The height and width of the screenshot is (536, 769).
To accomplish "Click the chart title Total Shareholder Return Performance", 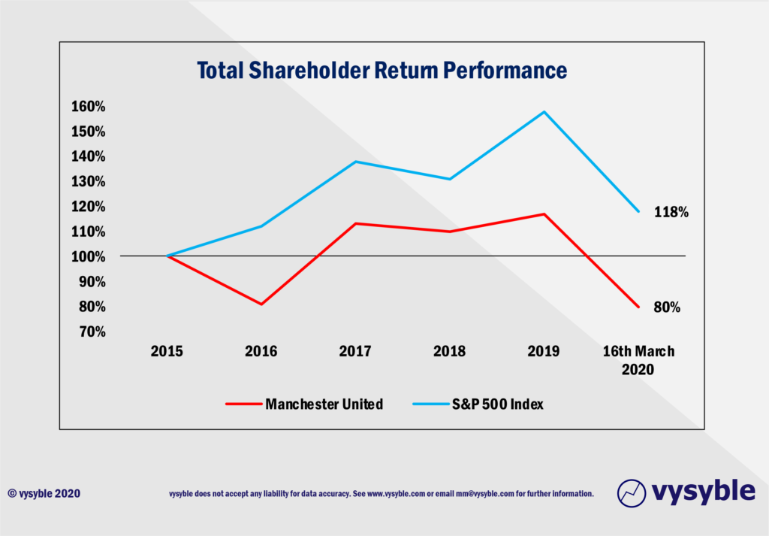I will coord(381,71).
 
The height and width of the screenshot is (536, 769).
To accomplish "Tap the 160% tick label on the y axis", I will coord(89,107).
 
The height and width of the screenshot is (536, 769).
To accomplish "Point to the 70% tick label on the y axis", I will coord(92,332).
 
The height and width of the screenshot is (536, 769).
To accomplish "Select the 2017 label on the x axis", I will coord(354,351).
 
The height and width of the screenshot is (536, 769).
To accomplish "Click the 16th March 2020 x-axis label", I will coord(638,359).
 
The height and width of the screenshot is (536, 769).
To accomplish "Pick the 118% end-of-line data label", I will coord(671,212).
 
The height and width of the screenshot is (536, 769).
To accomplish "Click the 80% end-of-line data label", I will coord(666,307).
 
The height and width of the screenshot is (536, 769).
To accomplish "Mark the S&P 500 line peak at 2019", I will coord(544,112).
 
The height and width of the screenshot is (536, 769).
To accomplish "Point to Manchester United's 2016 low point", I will coord(261,304).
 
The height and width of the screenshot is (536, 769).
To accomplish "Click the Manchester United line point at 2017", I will coord(354,223).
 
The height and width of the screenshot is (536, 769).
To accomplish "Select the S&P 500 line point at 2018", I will coord(449,179).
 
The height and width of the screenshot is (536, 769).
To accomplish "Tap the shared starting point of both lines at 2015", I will coord(167,256).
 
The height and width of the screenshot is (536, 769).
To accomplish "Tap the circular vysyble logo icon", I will coord(632,492).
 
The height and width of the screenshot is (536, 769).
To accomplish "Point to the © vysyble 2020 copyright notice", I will coord(44,494).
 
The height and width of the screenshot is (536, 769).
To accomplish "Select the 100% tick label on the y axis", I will coord(89,256).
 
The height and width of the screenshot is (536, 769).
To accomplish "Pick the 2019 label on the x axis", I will coord(544,351).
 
